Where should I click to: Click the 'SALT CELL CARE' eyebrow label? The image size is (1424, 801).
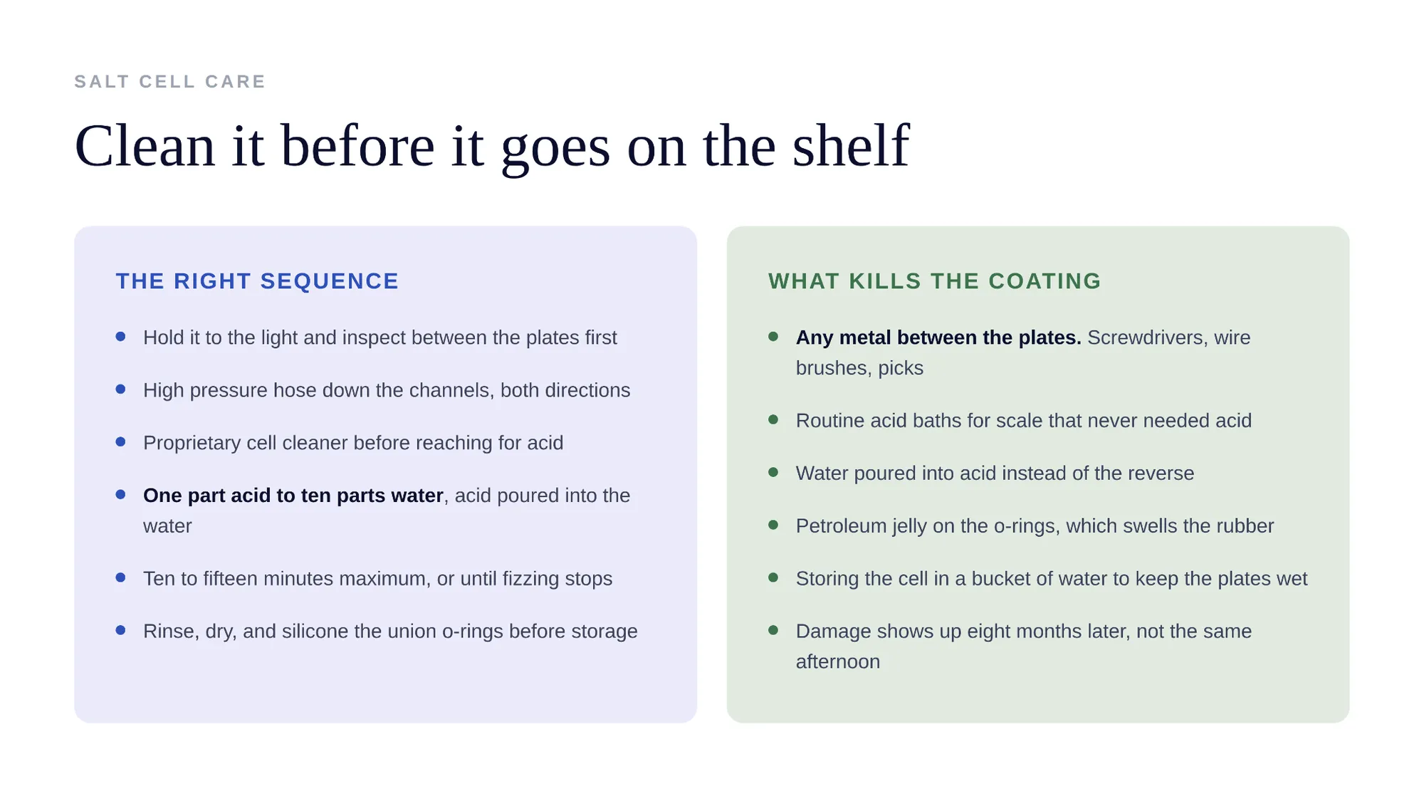tap(169, 82)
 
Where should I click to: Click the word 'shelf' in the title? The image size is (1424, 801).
tap(851, 145)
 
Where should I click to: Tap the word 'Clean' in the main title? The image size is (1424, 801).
tap(145, 145)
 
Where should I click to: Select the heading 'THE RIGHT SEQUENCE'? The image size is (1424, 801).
tap(257, 281)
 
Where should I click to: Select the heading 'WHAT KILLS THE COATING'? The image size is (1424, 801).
tap(934, 281)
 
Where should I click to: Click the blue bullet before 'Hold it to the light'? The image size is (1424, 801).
tap(120, 337)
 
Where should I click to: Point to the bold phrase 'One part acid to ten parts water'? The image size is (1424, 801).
tap(293, 496)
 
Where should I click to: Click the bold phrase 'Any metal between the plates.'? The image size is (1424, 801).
tap(938, 337)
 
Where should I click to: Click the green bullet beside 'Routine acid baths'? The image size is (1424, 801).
tap(773, 420)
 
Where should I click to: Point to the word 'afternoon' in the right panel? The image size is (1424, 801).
tap(838, 662)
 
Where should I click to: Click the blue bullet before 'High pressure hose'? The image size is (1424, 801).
tap(120, 389)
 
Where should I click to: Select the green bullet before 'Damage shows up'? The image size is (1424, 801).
tap(773, 630)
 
